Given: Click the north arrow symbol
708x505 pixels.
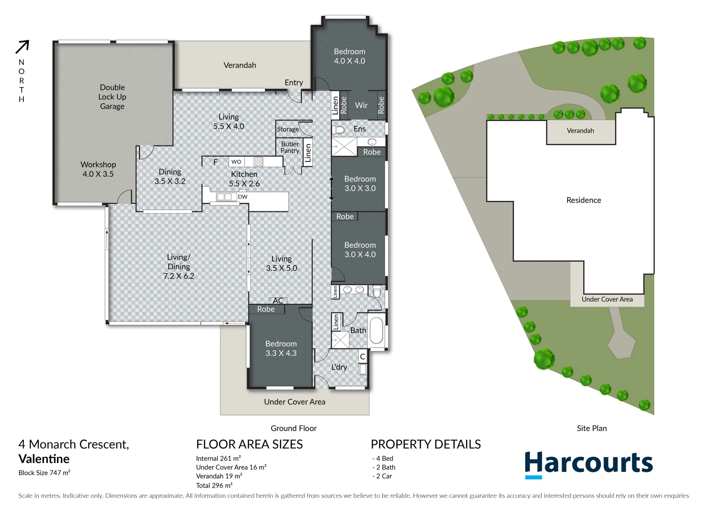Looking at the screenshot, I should pyautogui.click(x=22, y=47).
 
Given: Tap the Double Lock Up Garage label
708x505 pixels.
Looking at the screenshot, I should pyautogui.click(x=112, y=97).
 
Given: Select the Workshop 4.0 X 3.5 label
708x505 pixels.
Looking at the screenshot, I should pyautogui.click(x=98, y=169).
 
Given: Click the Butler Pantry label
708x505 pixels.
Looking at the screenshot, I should pyautogui.click(x=290, y=147).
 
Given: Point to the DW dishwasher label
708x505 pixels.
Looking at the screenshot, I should pyautogui.click(x=243, y=197).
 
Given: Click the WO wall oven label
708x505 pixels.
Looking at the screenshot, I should pyautogui.click(x=236, y=162).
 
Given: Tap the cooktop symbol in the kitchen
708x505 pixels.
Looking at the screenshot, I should pyautogui.click(x=258, y=162).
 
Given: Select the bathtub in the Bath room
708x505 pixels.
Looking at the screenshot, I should pyautogui.click(x=376, y=331).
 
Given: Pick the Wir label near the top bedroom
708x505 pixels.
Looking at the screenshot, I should pyautogui.click(x=361, y=106).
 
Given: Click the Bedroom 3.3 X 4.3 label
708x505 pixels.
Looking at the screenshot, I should pyautogui.click(x=281, y=348).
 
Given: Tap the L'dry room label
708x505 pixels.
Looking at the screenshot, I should pyautogui.click(x=339, y=367).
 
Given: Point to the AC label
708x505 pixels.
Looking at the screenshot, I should pyautogui.click(x=278, y=301).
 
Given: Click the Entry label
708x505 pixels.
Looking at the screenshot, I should pyautogui.click(x=293, y=83).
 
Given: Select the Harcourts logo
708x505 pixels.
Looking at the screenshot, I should pyautogui.click(x=588, y=464).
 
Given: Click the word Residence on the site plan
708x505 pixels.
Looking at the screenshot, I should pyautogui.click(x=584, y=200).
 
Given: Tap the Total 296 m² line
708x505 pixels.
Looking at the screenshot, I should pyautogui.click(x=214, y=485).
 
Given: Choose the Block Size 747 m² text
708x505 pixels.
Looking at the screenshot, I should pyautogui.click(x=44, y=473).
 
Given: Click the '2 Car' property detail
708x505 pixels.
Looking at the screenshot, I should pyautogui.click(x=383, y=476).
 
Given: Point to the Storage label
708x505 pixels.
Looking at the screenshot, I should pyautogui.click(x=287, y=130).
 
